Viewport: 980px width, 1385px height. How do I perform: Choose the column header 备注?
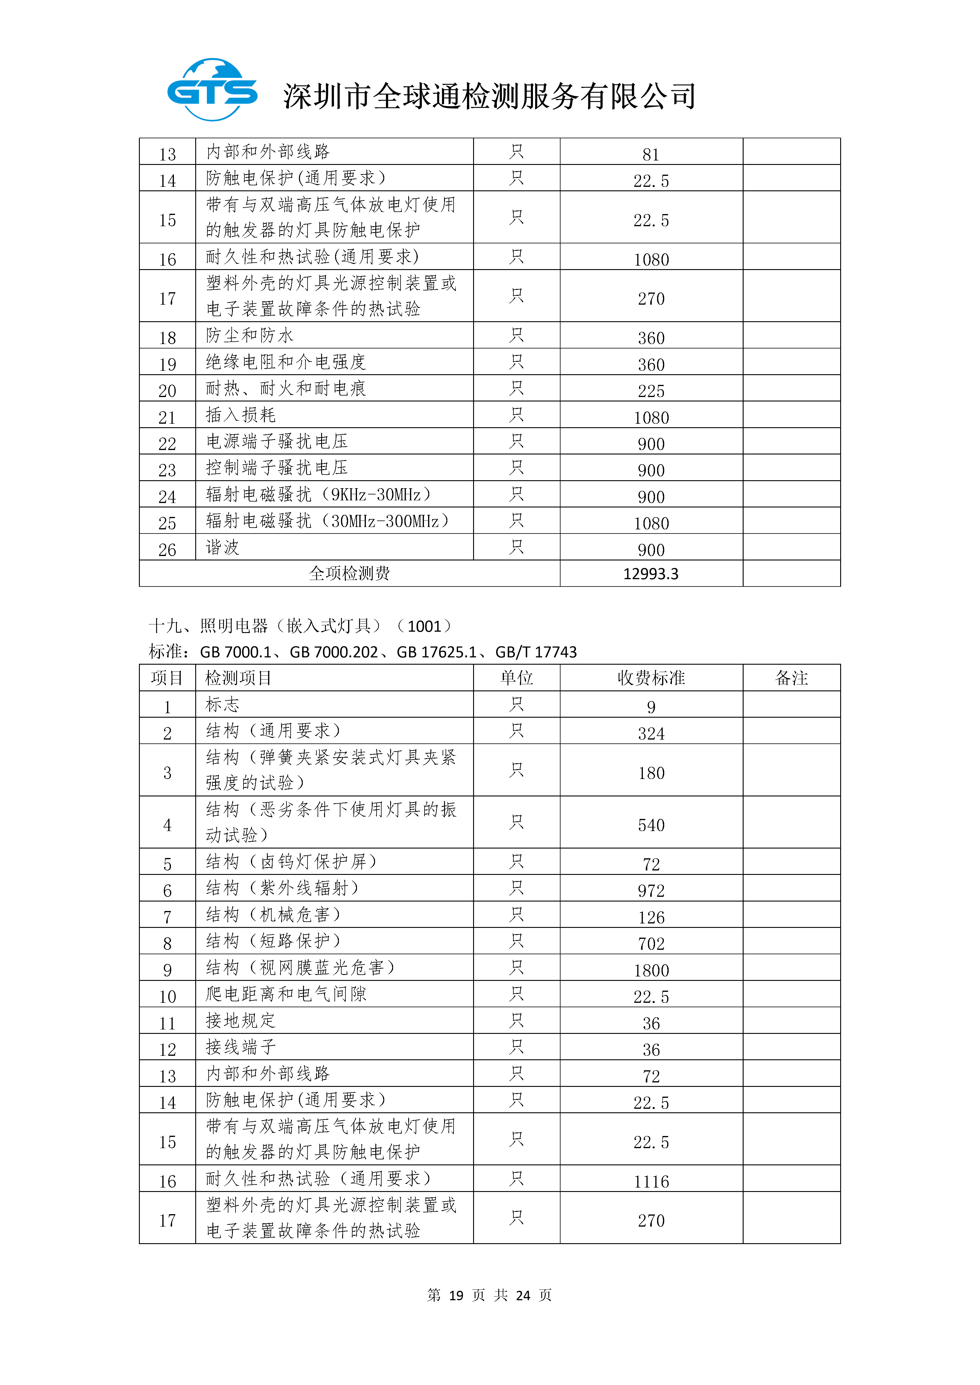click(791, 678)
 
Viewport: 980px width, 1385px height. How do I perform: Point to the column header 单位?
click(517, 678)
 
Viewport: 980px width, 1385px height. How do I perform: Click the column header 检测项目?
click(238, 678)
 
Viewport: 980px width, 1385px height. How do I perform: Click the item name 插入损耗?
click(241, 415)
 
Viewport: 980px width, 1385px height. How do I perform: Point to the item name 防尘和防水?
click(249, 335)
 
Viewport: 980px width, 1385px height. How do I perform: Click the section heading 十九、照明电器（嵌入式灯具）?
click(265, 626)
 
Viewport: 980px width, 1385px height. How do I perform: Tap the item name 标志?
click(223, 705)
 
